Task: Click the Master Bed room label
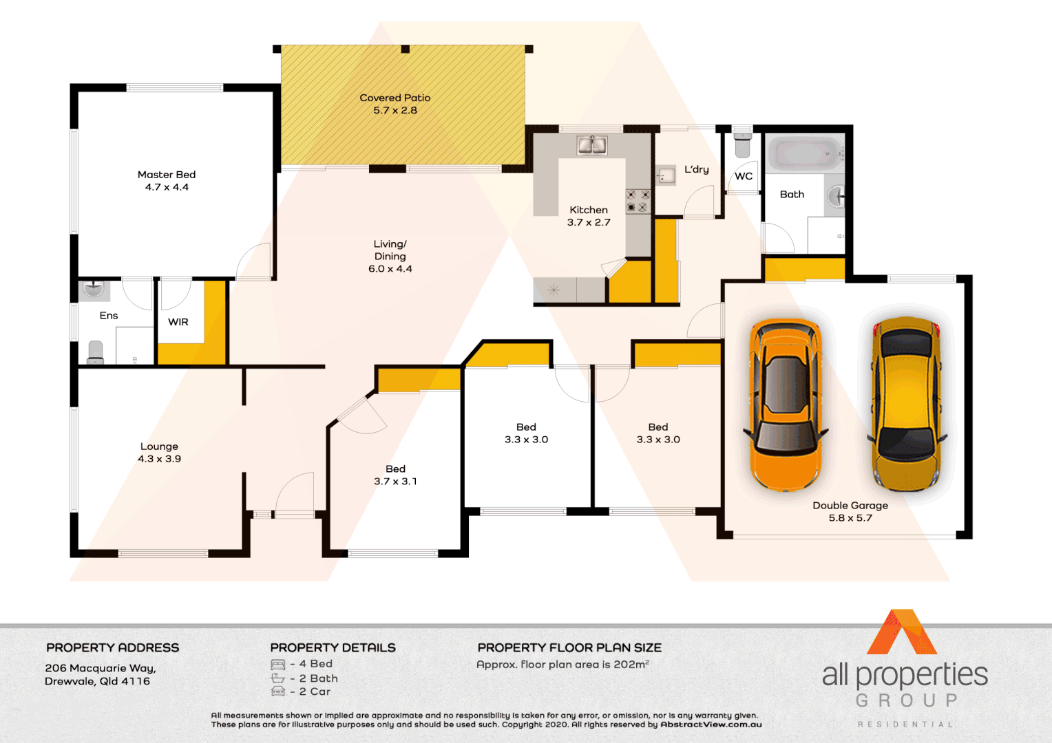[167, 175]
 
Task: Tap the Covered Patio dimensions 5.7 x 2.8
[395, 110]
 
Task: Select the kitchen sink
[591, 144]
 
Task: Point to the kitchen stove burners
[638, 200]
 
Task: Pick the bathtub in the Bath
[803, 153]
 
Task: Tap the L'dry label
[696, 169]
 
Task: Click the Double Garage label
[850, 506]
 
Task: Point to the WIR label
[178, 322]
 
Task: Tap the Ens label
[109, 316]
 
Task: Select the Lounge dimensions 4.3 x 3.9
[159, 459]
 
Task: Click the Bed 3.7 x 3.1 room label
[395, 469]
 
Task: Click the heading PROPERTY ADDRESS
[112, 648]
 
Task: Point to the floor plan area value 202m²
[631, 665]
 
